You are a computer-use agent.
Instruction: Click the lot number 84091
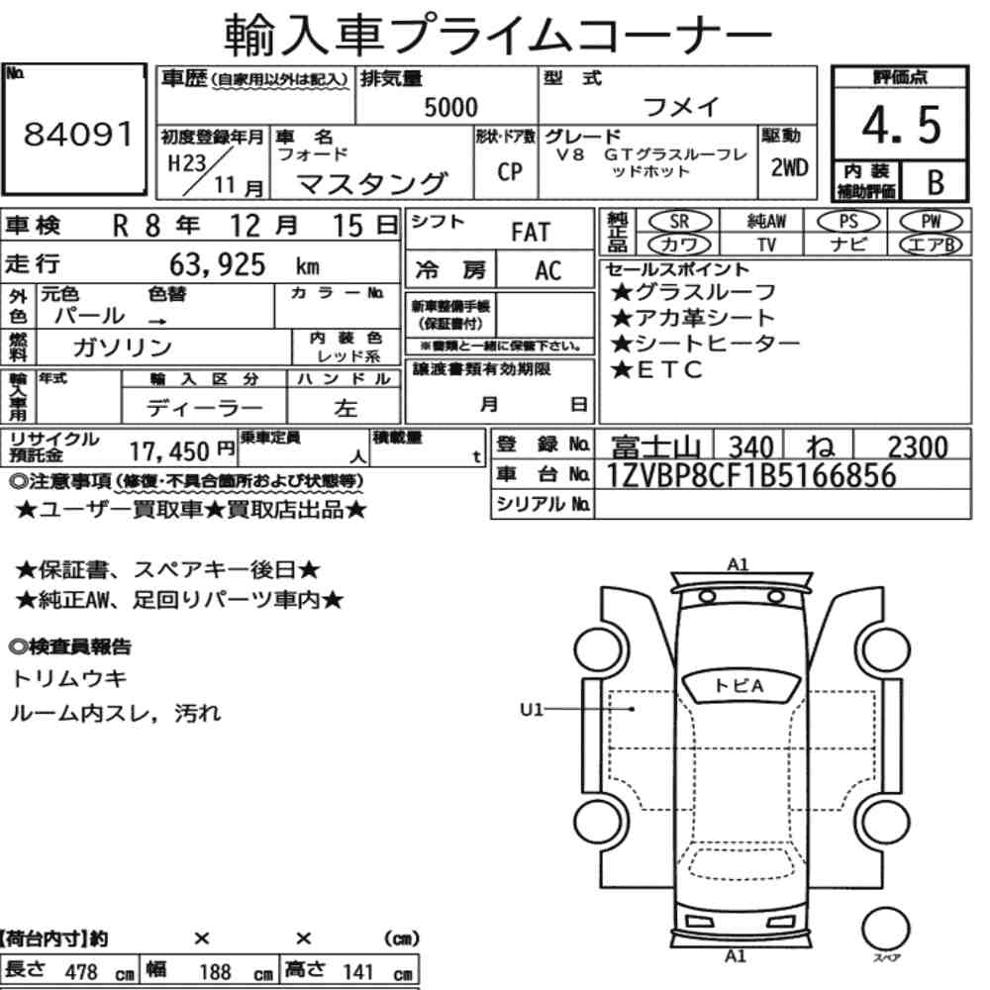pyautogui.click(x=78, y=134)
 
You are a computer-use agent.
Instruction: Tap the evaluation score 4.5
pyautogui.click(x=901, y=125)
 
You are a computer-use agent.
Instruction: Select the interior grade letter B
pyautogui.click(x=936, y=182)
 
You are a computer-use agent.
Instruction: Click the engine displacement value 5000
pyautogui.click(x=450, y=107)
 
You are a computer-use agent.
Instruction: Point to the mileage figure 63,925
pyautogui.click(x=217, y=264)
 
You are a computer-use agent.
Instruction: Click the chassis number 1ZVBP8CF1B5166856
pyautogui.click(x=751, y=475)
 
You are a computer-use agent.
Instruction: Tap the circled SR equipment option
pyautogui.click(x=679, y=221)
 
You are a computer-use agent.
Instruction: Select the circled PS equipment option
pyautogui.click(x=848, y=221)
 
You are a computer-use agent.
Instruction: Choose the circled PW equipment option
pyautogui.click(x=931, y=221)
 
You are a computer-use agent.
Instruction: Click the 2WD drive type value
pyautogui.click(x=789, y=167)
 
